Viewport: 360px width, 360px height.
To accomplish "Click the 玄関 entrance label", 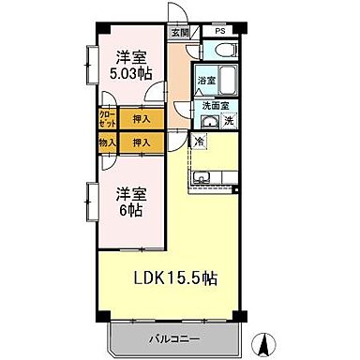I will point(179,31).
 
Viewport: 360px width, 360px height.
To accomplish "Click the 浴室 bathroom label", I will point(206,82).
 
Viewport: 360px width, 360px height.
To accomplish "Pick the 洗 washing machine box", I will point(228,123).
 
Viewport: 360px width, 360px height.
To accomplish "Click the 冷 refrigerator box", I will point(200,142).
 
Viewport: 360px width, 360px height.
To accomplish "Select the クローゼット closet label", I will point(107,120).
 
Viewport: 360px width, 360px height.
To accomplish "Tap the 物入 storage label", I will point(107,142).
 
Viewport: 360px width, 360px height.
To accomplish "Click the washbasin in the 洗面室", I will point(209,123).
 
